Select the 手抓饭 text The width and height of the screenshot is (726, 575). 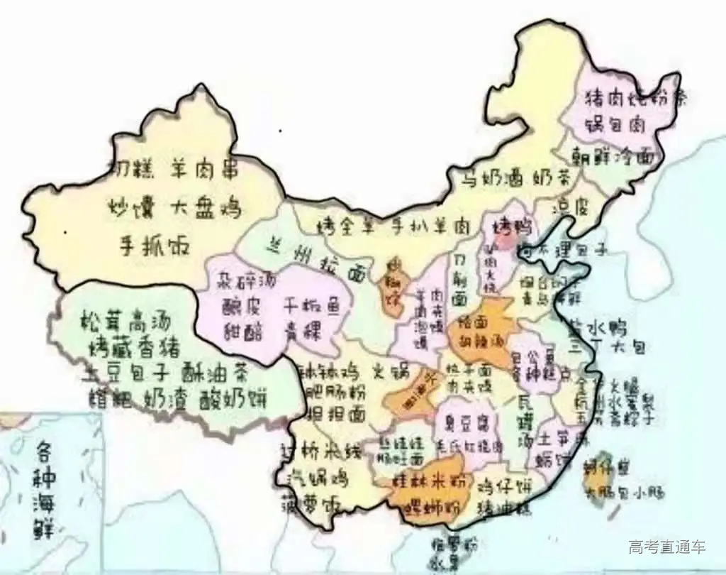pyautogui.click(x=153, y=248)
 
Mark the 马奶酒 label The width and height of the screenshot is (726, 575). pyautogui.click(x=490, y=177)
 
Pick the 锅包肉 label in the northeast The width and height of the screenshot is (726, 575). pyautogui.click(x=615, y=125)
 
